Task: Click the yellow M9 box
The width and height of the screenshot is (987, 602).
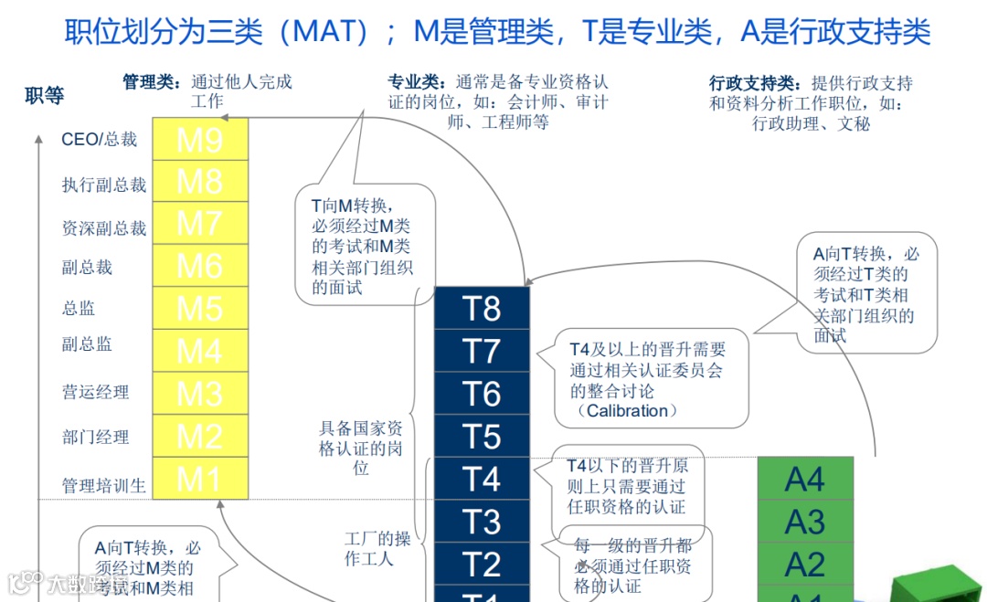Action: click(200, 139)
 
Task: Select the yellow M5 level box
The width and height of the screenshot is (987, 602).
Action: click(200, 308)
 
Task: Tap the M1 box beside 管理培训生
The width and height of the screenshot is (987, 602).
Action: click(200, 478)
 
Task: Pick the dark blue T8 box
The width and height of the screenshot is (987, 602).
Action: click(482, 308)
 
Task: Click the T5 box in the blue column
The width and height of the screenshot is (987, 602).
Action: click(482, 436)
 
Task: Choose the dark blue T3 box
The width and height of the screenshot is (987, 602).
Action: click(482, 521)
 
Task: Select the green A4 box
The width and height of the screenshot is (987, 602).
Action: click(805, 479)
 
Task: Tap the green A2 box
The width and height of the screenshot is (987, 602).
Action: click(805, 564)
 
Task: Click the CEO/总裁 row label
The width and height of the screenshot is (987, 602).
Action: click(99, 140)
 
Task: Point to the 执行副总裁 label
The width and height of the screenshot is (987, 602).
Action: click(104, 185)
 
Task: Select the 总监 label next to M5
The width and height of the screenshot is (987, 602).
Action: click(79, 309)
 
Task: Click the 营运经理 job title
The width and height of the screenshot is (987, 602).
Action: click(95, 393)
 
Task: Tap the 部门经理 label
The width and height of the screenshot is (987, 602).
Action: click(95, 438)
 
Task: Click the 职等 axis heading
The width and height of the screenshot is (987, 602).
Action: click(45, 96)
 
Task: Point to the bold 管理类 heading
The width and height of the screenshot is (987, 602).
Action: click(152, 81)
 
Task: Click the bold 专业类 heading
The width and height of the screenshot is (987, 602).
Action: click(416, 81)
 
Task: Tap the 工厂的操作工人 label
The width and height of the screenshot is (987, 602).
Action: click(377, 547)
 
